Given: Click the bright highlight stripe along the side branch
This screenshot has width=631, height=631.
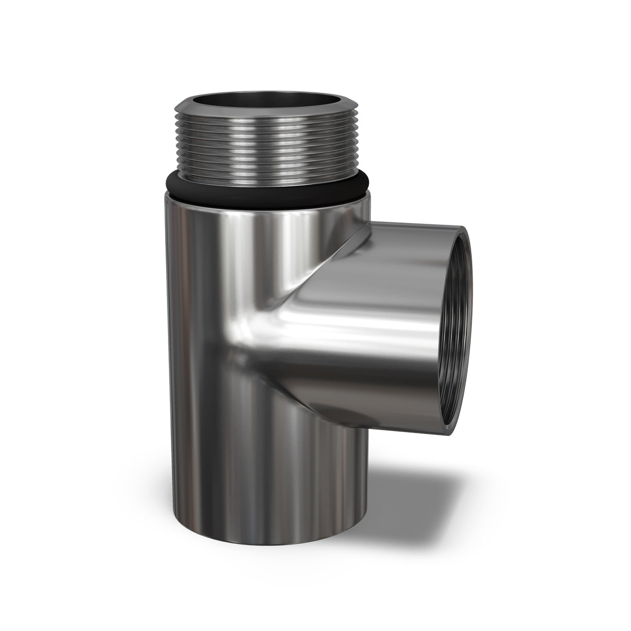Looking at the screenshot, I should (364, 330).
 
